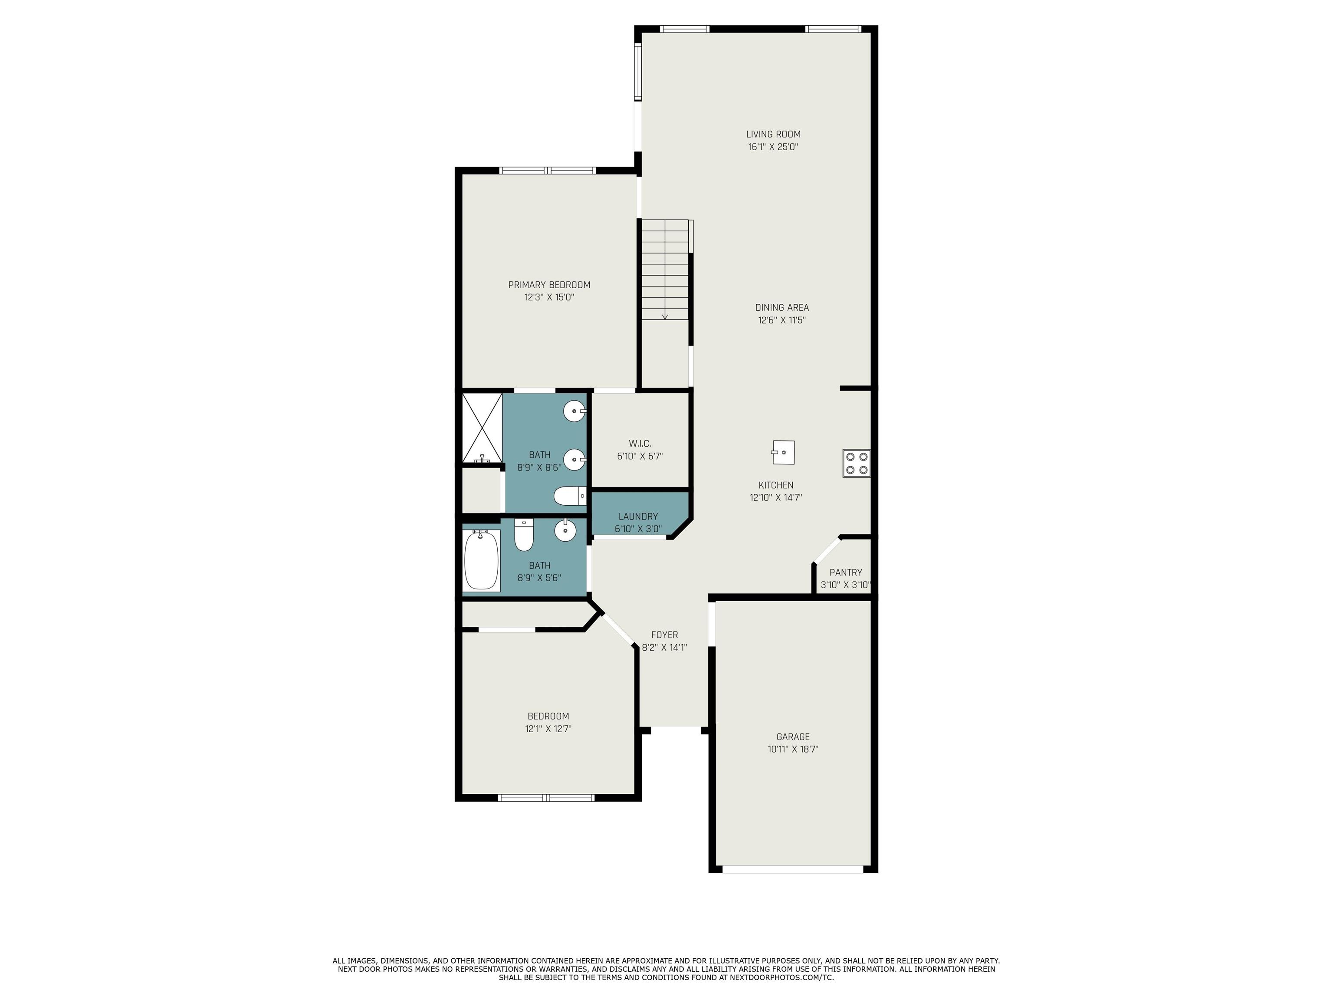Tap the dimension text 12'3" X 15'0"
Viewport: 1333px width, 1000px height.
pyautogui.click(x=549, y=297)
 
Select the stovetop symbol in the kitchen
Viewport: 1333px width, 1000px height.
pyautogui.click(x=856, y=463)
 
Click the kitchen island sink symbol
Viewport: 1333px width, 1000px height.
pyautogui.click(x=783, y=452)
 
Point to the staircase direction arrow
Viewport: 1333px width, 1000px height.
pyautogui.click(x=665, y=315)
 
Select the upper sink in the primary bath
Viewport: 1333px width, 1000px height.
pyautogui.click(x=575, y=412)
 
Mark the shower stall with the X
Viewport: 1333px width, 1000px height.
pyautogui.click(x=482, y=428)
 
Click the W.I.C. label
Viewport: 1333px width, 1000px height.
pyautogui.click(x=640, y=444)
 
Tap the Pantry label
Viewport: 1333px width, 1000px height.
pyautogui.click(x=845, y=572)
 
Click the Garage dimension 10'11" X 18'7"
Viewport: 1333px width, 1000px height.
pyautogui.click(x=792, y=749)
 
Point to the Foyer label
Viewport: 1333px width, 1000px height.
pyautogui.click(x=664, y=635)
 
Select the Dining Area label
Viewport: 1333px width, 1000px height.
pyautogui.click(x=781, y=307)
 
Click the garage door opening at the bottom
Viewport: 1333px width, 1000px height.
pyautogui.click(x=792, y=869)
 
